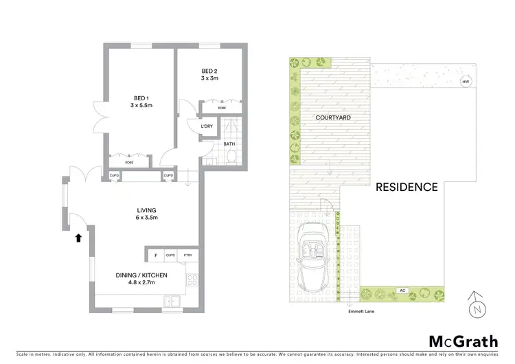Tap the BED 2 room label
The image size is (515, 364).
209,74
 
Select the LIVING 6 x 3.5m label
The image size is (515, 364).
146,214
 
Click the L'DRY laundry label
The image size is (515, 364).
206,127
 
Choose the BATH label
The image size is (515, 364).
228,144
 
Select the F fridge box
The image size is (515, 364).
155,255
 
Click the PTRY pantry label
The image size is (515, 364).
187,255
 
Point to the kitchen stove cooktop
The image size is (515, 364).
193,280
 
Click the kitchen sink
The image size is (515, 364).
172,302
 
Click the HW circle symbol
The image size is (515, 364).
466,82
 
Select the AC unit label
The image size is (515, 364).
400,291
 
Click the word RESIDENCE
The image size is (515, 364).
407,187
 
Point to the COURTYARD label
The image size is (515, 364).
334,118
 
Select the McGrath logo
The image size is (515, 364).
464,341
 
